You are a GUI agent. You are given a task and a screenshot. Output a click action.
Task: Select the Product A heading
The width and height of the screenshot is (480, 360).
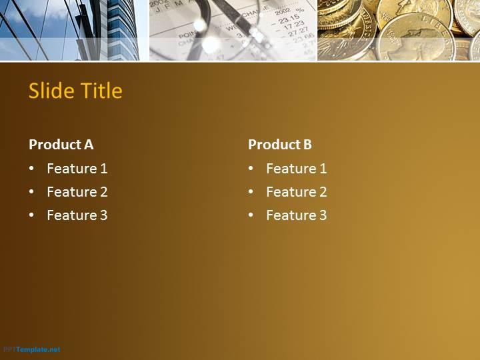(61, 145)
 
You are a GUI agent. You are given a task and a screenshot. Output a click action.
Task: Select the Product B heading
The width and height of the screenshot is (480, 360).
(280, 145)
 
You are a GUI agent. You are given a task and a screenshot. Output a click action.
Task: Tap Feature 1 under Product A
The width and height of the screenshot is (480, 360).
(77, 169)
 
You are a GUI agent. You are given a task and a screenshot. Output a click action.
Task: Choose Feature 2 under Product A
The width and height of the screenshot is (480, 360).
(77, 192)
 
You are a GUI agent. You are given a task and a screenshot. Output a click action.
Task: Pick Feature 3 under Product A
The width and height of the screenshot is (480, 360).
(77, 215)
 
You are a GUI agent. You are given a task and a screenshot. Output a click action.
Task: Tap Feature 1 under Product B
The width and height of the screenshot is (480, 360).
(296, 169)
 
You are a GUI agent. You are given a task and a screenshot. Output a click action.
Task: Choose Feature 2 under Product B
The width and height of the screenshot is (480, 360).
(296, 192)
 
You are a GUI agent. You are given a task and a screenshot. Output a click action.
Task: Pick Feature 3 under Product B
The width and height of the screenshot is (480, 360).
(296, 215)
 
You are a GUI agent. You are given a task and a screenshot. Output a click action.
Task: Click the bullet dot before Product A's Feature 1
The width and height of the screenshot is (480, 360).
(31, 169)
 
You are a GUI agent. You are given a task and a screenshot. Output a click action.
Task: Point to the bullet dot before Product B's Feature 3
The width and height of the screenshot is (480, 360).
(251, 215)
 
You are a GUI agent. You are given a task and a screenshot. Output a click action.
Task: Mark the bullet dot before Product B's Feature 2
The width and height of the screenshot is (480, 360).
(251, 191)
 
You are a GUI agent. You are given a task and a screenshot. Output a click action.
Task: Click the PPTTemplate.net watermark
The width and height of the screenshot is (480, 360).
(32, 349)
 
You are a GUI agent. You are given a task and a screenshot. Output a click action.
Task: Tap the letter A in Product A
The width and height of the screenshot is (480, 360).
(89, 145)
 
